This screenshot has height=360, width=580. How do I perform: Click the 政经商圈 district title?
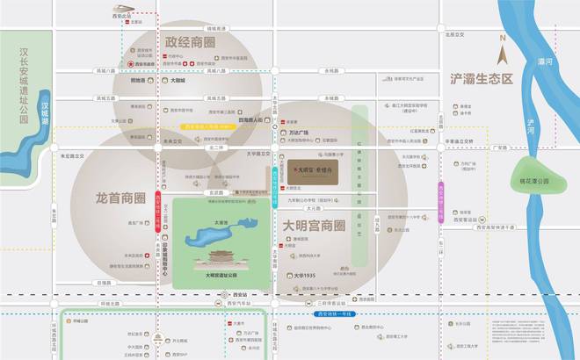click(x=191, y=42)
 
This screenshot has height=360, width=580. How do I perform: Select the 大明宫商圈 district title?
click(x=314, y=227)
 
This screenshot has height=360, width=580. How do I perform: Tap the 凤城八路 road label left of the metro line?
click(x=106, y=71)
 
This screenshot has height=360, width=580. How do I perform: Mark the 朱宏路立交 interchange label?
click(x=71, y=155)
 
